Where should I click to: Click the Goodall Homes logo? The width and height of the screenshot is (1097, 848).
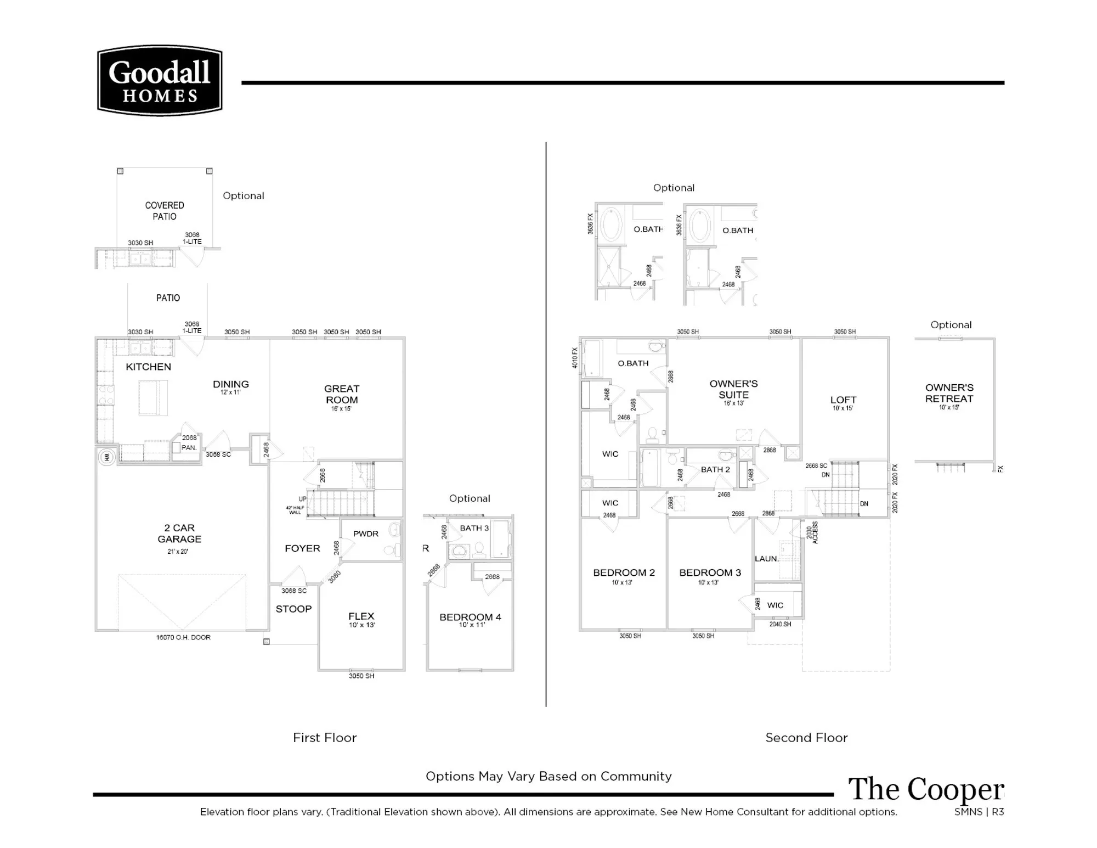coord(160,81)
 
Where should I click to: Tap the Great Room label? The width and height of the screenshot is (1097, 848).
coord(341,394)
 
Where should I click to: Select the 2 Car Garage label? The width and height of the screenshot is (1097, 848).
coord(179,533)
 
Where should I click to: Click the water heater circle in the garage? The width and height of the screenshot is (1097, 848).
coord(106,457)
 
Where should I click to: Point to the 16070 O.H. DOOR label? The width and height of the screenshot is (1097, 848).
coord(183,637)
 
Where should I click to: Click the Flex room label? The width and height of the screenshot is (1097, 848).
coord(361,616)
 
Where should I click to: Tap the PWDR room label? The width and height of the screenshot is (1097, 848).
coord(365,533)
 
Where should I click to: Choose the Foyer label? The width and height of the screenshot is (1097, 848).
coord(302,548)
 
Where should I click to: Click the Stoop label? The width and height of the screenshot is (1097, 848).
coord(293,609)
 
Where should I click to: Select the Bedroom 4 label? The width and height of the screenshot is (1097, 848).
coord(470,617)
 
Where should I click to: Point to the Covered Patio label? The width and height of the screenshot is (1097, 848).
coord(165,211)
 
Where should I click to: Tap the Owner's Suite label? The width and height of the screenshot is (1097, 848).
coord(733,389)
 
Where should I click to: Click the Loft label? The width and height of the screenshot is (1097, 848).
coord(843,400)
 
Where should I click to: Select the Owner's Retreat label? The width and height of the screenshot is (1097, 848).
coord(949,393)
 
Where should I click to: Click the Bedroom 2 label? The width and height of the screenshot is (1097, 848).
coord(624,572)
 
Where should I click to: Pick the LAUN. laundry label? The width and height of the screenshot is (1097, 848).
coord(766,559)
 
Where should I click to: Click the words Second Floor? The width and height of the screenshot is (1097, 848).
coord(806,738)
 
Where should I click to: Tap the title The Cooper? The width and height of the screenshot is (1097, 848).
coord(926,789)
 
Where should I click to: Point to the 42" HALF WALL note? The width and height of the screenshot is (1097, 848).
coord(295,510)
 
